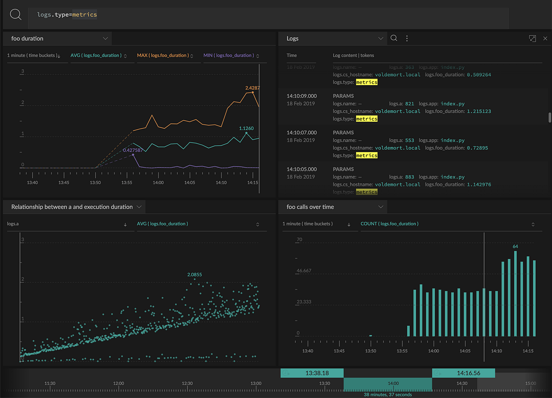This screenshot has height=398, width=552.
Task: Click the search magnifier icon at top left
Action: point(15,15)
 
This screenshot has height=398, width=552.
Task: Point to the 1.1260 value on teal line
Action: point(246,129)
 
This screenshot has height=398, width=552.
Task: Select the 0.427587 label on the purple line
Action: point(133,150)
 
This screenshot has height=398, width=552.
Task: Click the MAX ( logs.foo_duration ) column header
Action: point(162,56)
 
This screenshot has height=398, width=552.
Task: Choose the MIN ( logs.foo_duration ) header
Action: point(228,56)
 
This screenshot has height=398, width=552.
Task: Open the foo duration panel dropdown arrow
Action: point(105,39)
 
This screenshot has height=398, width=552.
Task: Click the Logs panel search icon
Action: point(394,39)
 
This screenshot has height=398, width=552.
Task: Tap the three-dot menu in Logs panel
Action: point(407,39)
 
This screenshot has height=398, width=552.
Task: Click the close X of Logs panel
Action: point(545,39)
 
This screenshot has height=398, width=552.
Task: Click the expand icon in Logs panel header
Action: point(532,39)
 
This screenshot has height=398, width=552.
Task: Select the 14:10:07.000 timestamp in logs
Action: point(301,133)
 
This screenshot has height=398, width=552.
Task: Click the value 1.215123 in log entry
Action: point(478,111)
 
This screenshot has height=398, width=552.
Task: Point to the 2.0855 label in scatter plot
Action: point(194,275)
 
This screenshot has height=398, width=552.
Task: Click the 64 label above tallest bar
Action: point(515,246)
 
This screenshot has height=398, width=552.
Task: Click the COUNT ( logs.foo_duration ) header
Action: point(389,224)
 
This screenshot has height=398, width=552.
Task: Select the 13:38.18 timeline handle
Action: point(316,373)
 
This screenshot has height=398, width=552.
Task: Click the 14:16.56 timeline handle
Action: point(468,373)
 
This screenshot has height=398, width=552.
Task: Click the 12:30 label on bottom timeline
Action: point(187,383)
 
